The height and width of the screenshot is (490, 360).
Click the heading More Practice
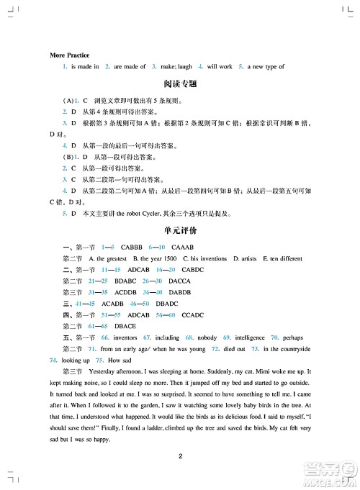tap(69, 55)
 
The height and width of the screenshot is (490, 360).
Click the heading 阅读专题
tap(180, 84)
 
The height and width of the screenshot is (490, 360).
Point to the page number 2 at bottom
tap(180, 454)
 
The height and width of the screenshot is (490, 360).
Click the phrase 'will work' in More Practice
tap(220, 66)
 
